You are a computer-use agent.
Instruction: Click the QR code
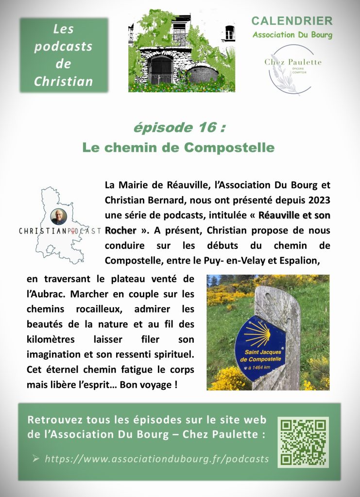[303, 442]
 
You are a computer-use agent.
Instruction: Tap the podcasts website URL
[156, 459]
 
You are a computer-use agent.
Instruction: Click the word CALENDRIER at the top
[292, 21]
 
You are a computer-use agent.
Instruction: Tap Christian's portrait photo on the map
[59, 217]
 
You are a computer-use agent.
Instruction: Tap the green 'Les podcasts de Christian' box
[64, 55]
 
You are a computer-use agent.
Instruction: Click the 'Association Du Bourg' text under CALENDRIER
[292, 34]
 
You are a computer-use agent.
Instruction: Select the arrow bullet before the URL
[36, 458]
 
